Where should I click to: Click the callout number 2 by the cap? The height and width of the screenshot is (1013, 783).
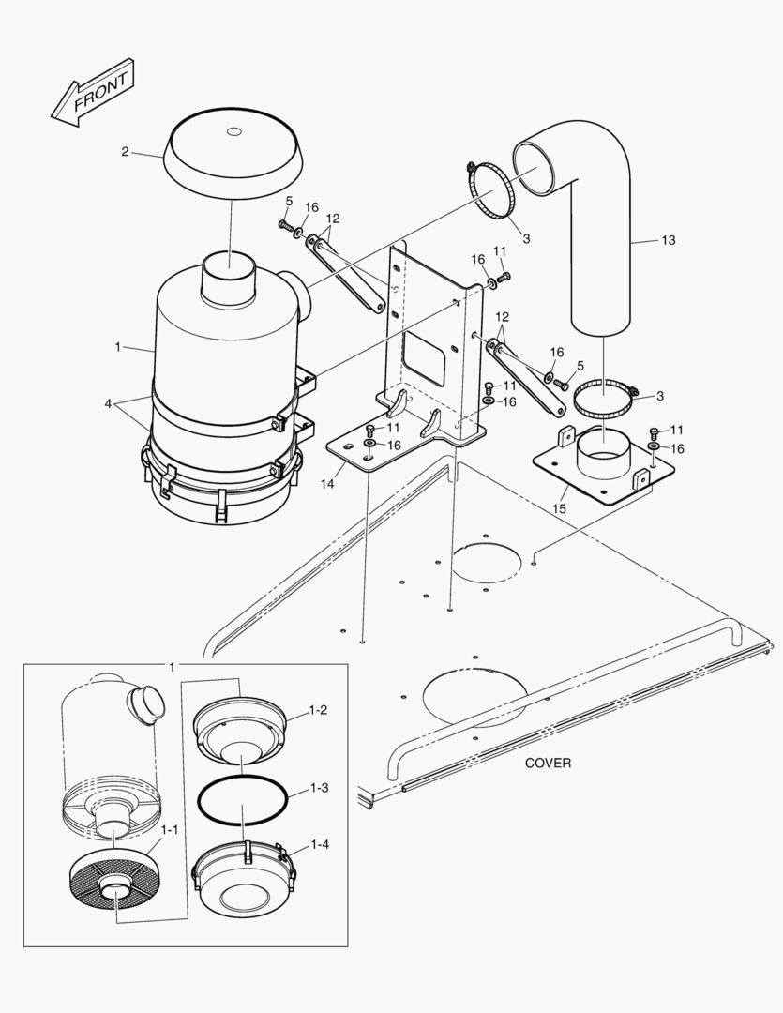(125, 150)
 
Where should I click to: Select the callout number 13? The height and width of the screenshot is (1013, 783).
(667, 240)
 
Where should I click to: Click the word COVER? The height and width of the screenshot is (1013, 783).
(548, 763)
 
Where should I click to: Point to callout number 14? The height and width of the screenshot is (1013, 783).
(326, 484)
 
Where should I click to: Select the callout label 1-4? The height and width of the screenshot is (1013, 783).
(319, 844)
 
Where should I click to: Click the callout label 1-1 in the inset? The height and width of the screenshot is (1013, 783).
(170, 829)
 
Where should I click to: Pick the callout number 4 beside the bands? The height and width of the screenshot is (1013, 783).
(110, 404)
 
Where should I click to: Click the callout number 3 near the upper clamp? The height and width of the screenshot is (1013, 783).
(526, 239)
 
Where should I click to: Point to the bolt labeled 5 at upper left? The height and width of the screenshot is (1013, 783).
(283, 225)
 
